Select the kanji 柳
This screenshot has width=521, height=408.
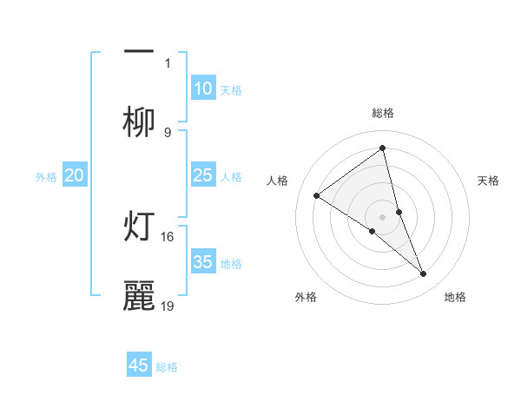point(139,123)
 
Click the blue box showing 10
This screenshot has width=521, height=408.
point(203,89)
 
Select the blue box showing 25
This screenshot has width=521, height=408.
point(203,175)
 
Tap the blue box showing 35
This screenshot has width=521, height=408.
point(203,262)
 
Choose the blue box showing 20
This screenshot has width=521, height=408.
point(75,175)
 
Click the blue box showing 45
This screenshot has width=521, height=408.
point(139,365)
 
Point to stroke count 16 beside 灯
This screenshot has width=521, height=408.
point(168,236)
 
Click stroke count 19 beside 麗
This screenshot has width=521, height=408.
point(168,306)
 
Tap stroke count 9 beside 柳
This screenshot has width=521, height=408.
point(168,132)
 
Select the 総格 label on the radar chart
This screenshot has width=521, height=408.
point(382,113)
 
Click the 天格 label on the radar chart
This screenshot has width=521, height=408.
point(489,181)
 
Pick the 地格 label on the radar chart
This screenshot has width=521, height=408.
point(455,297)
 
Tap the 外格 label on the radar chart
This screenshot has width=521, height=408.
point(306,297)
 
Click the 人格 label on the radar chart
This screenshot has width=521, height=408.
point(278,181)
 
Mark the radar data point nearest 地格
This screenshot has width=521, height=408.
point(424,274)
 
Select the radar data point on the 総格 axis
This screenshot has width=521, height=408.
point(382,148)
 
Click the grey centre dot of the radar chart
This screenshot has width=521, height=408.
point(382,216)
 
